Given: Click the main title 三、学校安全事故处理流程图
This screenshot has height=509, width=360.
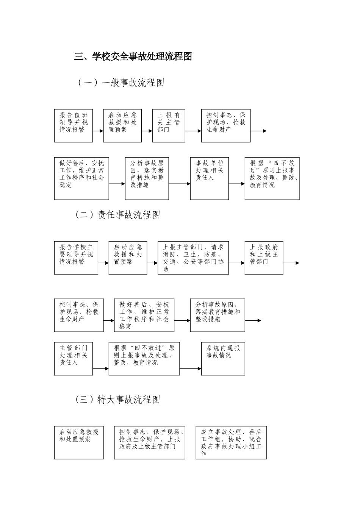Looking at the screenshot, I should (133, 57).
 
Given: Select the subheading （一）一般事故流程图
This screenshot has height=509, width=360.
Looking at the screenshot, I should (121, 83).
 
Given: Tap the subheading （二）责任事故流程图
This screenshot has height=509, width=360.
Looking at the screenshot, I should (118, 215).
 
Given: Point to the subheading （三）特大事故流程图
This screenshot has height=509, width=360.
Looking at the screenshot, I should (118, 400).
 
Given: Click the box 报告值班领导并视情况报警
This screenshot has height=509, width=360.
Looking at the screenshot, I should (74, 126).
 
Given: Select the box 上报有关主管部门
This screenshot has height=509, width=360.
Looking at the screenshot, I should (169, 126).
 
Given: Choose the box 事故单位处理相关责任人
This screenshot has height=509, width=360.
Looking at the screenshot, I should (210, 178).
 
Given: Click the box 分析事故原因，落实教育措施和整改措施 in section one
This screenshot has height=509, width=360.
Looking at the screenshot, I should (147, 178).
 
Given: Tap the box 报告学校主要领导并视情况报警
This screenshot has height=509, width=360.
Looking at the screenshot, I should (76, 258).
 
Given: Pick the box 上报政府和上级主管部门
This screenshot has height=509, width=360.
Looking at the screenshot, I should (264, 258).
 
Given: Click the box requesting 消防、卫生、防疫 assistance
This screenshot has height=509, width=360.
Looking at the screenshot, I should (193, 258).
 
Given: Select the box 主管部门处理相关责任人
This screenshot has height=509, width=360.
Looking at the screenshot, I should (74, 359).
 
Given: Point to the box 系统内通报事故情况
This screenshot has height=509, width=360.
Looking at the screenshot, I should (223, 359).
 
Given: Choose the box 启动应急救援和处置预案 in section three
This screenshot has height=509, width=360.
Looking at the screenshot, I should (79, 443).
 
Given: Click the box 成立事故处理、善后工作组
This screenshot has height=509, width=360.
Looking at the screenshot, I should (231, 443).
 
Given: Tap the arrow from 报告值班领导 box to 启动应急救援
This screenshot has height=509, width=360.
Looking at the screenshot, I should (98, 131).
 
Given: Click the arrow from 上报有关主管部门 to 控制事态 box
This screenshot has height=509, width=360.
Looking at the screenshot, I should (193, 131).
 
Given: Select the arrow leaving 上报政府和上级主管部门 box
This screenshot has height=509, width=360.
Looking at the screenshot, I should (291, 263).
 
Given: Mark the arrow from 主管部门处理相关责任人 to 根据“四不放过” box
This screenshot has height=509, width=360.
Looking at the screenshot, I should (101, 368).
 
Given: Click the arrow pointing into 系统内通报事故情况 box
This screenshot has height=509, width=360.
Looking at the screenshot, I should (191, 368).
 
